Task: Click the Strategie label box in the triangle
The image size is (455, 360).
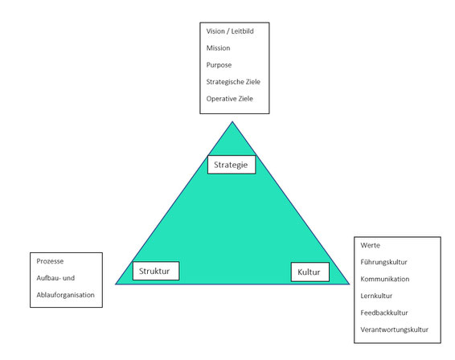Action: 232,165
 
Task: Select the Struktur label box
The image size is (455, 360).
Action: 156,271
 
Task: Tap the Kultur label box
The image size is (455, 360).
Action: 310,272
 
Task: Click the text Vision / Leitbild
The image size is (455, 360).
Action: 230,31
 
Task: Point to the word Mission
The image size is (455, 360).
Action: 218,48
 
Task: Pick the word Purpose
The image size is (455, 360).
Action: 219,65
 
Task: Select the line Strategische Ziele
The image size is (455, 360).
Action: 233,82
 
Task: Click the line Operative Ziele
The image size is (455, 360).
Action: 230,99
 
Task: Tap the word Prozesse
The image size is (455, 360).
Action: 50,261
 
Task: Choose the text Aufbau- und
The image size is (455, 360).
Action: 55,278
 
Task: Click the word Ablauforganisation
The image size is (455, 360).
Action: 66,295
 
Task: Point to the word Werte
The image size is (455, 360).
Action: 371,245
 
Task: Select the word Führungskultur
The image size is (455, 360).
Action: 383,262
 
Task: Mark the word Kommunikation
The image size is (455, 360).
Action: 385,279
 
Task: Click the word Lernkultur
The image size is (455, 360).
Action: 376,296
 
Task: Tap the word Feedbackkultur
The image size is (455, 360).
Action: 384,313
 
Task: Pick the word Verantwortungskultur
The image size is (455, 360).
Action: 395,329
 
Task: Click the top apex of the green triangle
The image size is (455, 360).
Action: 232,122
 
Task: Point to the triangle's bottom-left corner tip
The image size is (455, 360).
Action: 116,284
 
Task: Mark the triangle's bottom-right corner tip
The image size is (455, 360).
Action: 349,284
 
